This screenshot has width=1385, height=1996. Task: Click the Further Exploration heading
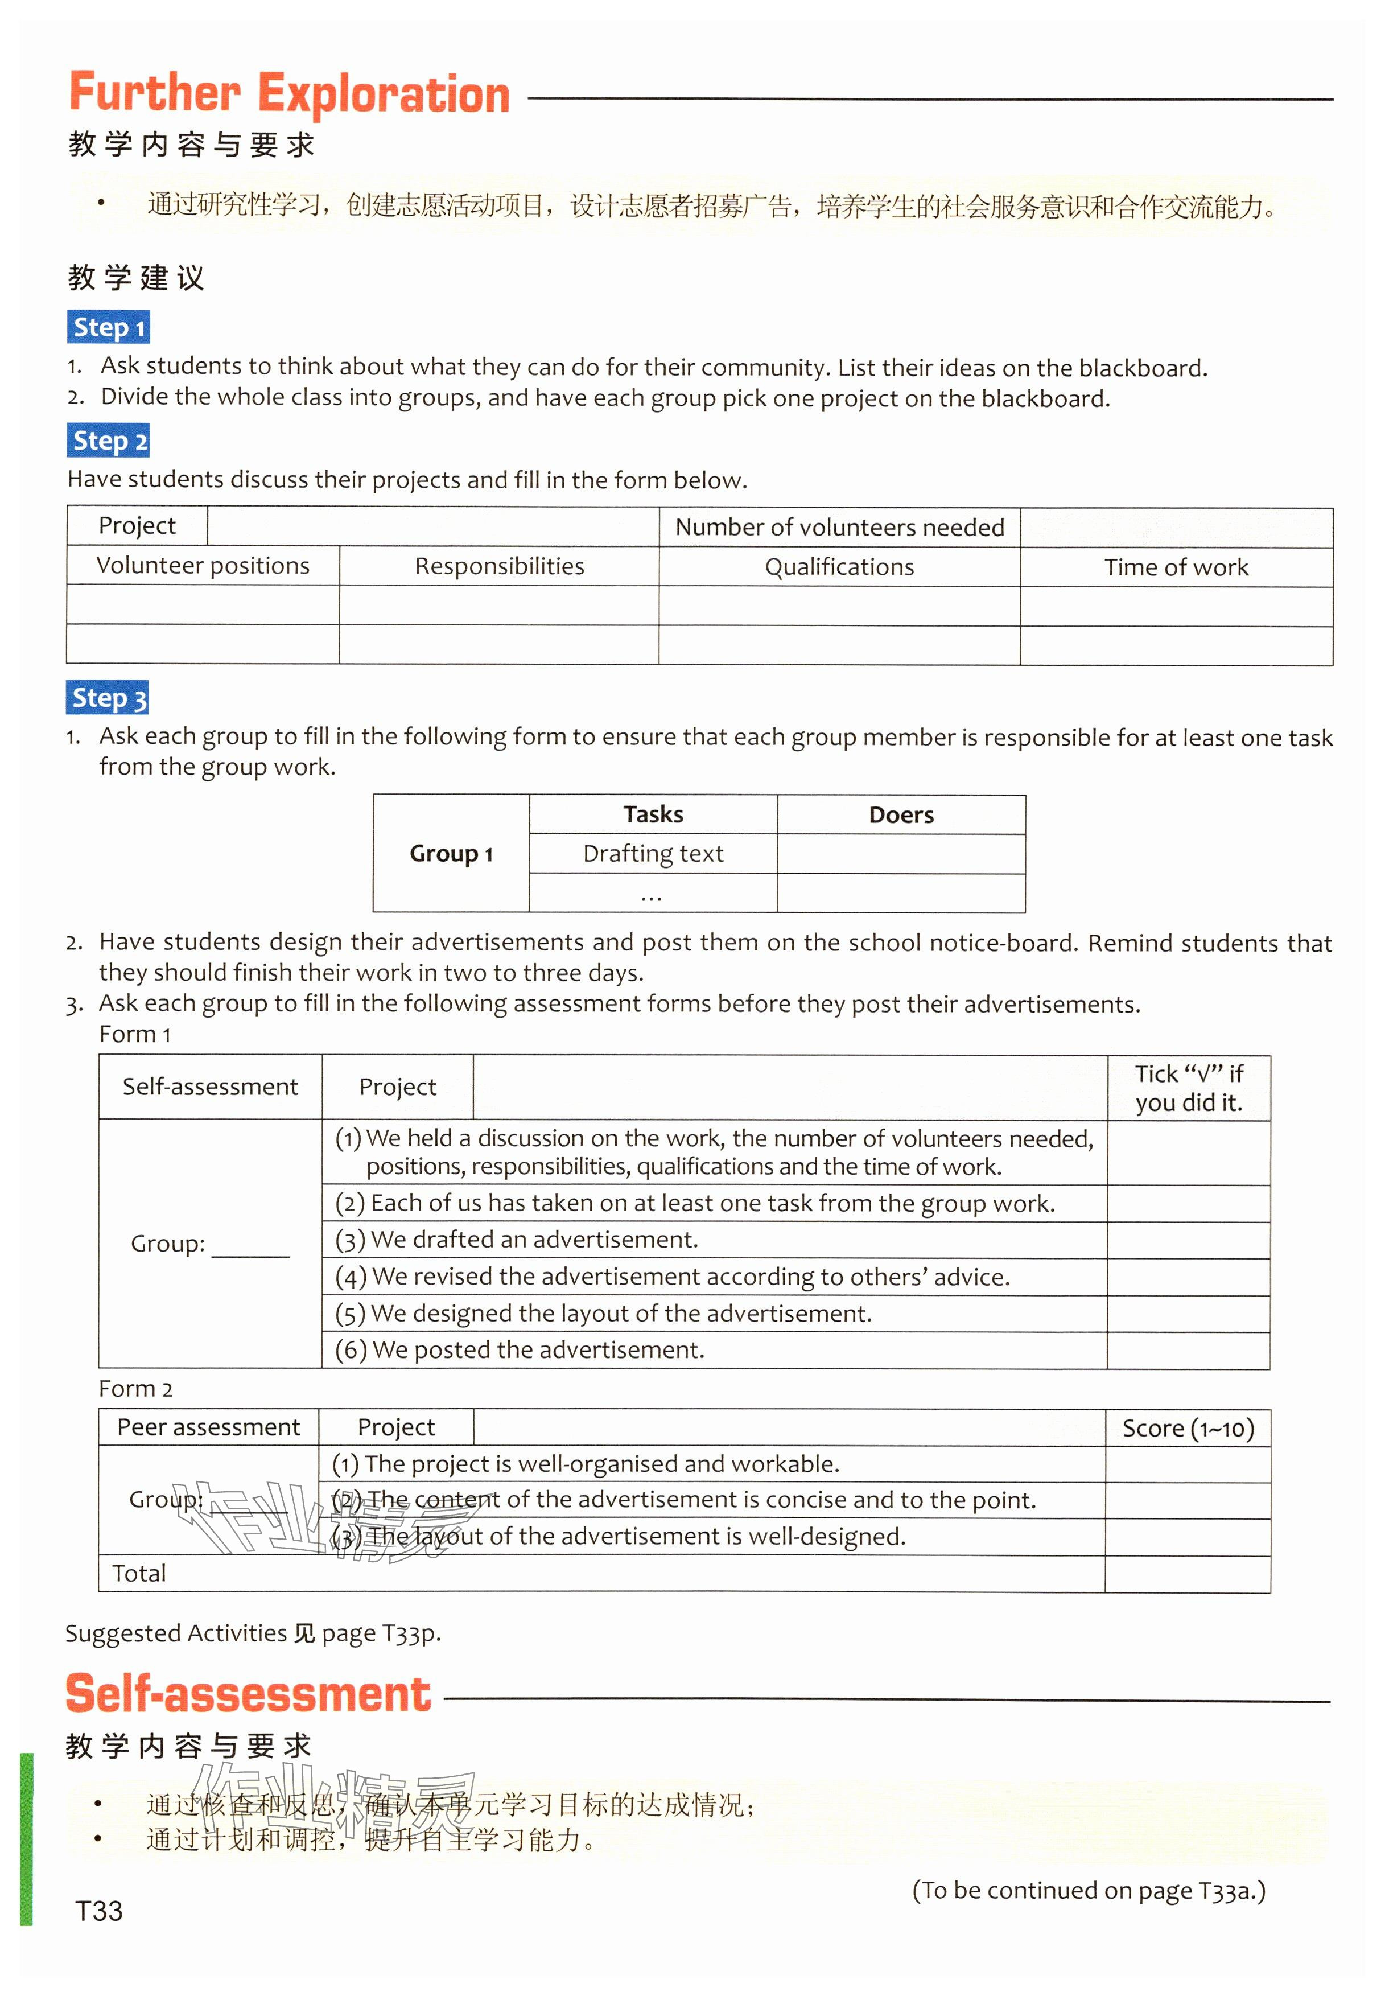(289, 94)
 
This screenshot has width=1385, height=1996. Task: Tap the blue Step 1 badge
(109, 327)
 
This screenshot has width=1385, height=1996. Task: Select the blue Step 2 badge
(109, 441)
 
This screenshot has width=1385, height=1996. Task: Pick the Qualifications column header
(839, 567)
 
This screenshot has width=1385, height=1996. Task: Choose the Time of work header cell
(1176, 567)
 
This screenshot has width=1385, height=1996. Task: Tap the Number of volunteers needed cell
(839, 528)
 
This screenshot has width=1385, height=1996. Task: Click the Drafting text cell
(653, 854)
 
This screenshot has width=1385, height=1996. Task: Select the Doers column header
(901, 815)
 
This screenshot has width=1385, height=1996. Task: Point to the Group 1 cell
(451, 854)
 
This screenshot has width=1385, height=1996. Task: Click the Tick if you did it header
(1189, 1088)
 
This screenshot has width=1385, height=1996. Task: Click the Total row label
(139, 1573)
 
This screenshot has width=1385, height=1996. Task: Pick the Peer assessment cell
(208, 1427)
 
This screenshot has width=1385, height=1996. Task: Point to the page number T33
(99, 1911)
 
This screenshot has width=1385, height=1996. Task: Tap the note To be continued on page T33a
(1088, 1890)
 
